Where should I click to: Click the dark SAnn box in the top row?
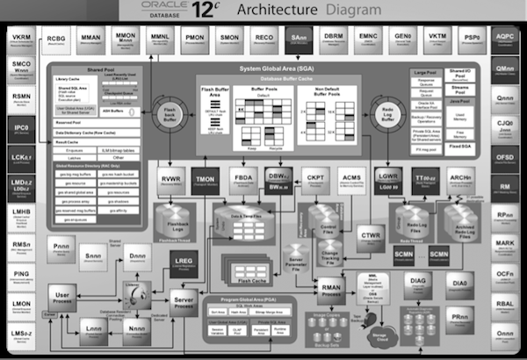coord(297,40)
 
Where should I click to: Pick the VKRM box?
coord(20,40)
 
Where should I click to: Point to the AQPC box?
coord(505,40)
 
